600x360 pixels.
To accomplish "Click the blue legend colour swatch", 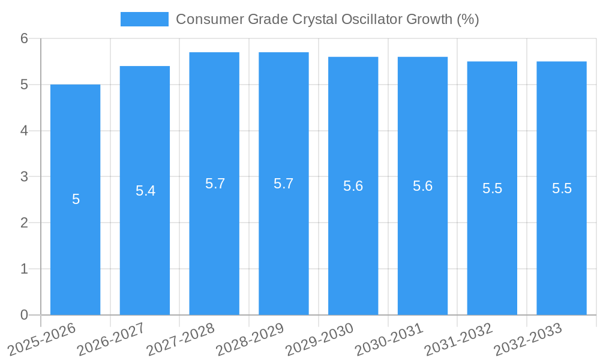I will point(145,19).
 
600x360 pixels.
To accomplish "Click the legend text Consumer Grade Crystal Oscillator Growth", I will point(327,19).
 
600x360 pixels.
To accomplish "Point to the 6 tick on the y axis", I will point(24,38).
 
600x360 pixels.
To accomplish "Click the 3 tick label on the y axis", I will point(24,177).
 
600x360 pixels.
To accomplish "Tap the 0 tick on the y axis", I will point(24,315).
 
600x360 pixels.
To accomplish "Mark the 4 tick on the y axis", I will point(24,131).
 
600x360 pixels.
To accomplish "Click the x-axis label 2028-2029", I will point(250,340).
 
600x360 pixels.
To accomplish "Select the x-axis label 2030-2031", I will point(389,340).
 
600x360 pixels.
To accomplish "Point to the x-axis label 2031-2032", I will point(458,340).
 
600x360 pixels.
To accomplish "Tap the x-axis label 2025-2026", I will point(42,340).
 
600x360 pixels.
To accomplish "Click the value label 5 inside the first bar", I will point(76,200).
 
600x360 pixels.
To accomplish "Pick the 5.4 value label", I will point(145,191).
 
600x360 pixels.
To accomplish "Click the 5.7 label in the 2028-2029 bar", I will point(283,184).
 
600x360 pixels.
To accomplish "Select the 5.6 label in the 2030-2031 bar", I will point(422,186).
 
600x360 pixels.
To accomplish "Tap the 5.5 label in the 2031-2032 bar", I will point(492,188).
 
